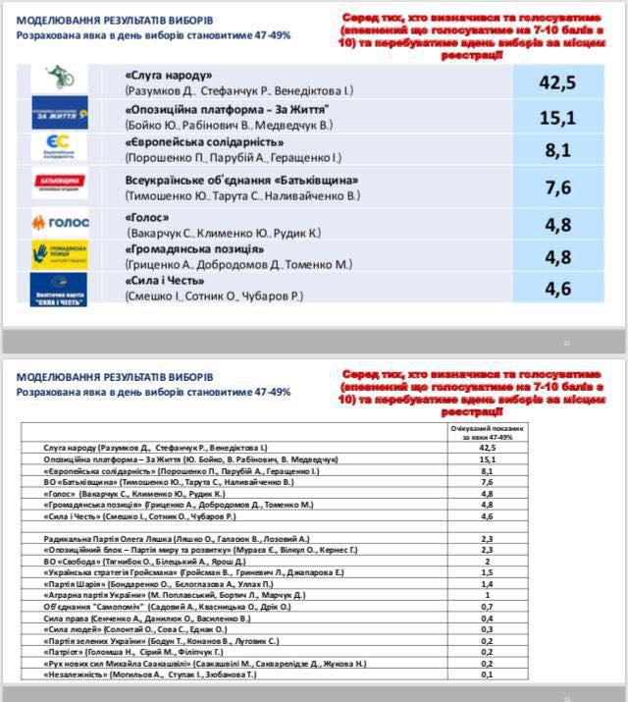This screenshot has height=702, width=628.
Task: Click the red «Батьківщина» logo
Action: [x=59, y=183]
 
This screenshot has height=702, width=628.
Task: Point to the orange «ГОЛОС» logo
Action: [x=60, y=223]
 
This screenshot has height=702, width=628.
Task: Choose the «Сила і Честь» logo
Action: [x=59, y=289]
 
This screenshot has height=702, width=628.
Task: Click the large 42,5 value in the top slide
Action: [x=556, y=81]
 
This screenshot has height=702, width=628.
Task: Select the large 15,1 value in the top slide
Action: [x=556, y=118]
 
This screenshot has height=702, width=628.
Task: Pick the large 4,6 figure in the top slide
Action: [x=556, y=288]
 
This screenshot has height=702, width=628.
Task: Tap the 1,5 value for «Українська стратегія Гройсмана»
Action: [x=486, y=571]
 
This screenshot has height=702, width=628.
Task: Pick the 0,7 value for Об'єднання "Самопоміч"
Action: [x=486, y=607]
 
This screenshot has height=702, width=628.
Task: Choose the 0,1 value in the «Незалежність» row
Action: [x=486, y=675]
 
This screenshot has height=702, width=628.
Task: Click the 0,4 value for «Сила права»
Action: [x=486, y=618]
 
